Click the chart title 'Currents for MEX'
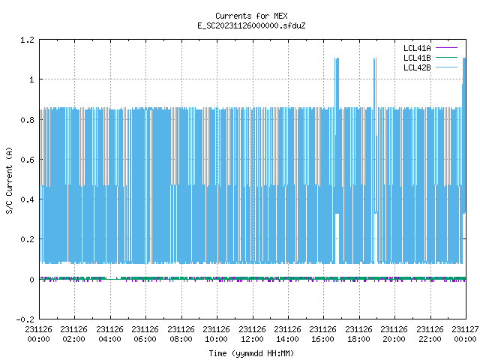[251, 16]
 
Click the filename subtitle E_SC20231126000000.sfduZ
[251, 25]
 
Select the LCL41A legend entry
[430, 48]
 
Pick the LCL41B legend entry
[430, 58]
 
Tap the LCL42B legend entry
[430, 67]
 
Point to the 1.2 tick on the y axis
[27, 40]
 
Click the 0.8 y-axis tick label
[27, 120]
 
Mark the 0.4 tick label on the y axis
[27, 199]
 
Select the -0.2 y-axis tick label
[25, 319]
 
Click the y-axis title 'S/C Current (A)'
[9, 180]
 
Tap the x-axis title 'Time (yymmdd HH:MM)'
[251, 353]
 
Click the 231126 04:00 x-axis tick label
[110, 334]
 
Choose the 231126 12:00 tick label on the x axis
[252, 334]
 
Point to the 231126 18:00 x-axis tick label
[358, 334]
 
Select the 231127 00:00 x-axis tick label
[465, 334]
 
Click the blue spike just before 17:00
[337, 82]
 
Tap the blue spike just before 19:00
[375, 82]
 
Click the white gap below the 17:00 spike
[337, 238]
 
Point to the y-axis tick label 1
[31, 79]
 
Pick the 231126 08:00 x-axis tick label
[181, 334]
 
